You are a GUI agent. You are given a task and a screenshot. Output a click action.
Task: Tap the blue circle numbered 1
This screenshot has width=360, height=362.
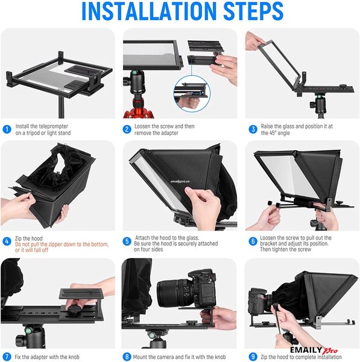(7, 129)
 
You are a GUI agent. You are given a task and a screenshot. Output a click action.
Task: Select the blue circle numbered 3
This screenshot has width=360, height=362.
(253, 129)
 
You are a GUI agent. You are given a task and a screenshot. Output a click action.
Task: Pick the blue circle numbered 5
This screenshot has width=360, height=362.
(127, 241)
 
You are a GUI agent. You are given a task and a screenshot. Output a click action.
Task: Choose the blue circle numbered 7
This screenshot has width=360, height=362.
(7, 357)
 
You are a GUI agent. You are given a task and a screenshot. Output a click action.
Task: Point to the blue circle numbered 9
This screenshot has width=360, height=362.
(253, 357)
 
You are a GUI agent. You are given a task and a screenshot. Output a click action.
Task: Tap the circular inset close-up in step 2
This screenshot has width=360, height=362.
(192, 94)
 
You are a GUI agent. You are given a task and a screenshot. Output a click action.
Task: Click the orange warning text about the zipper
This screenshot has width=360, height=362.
(62, 247)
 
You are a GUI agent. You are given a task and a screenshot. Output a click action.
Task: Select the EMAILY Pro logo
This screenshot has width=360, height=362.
(314, 351)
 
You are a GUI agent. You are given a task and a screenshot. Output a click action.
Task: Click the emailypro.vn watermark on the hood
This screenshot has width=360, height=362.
(180, 182)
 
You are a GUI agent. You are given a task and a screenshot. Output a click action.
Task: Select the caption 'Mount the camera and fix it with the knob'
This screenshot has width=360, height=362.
(179, 357)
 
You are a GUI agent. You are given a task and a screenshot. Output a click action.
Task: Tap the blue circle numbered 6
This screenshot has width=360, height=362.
(253, 241)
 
